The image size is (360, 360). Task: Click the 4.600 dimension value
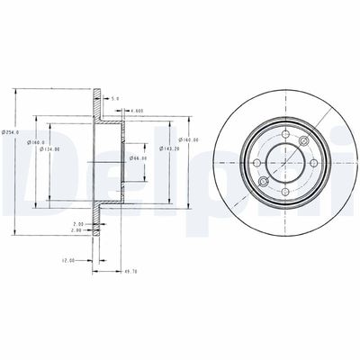(x=137, y=111)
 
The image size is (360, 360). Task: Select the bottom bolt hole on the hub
(x=280, y=186)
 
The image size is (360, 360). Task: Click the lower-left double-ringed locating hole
(x=263, y=180)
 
